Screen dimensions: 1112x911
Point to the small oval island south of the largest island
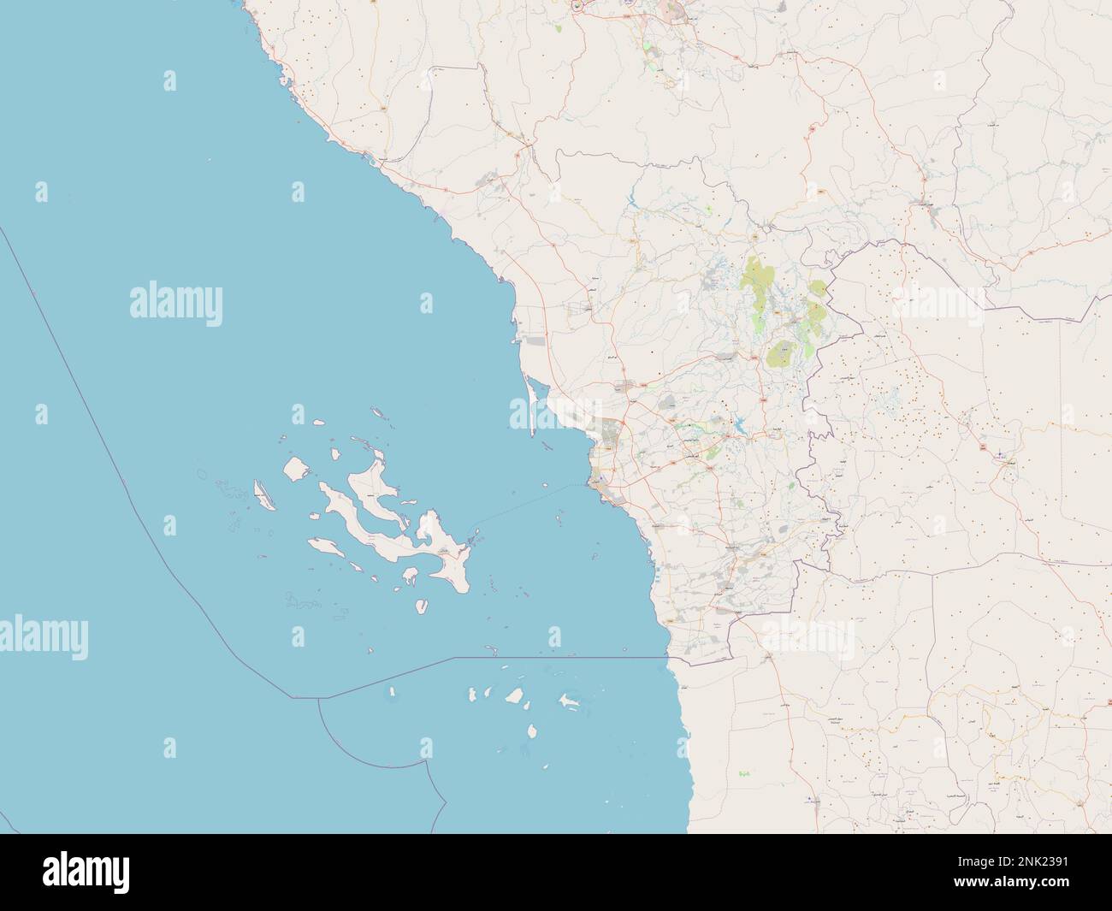pos(421,606)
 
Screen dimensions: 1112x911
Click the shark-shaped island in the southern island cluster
pos(567,702)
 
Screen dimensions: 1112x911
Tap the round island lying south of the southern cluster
pos(531,731)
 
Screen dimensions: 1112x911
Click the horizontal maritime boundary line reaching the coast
pos(556,658)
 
